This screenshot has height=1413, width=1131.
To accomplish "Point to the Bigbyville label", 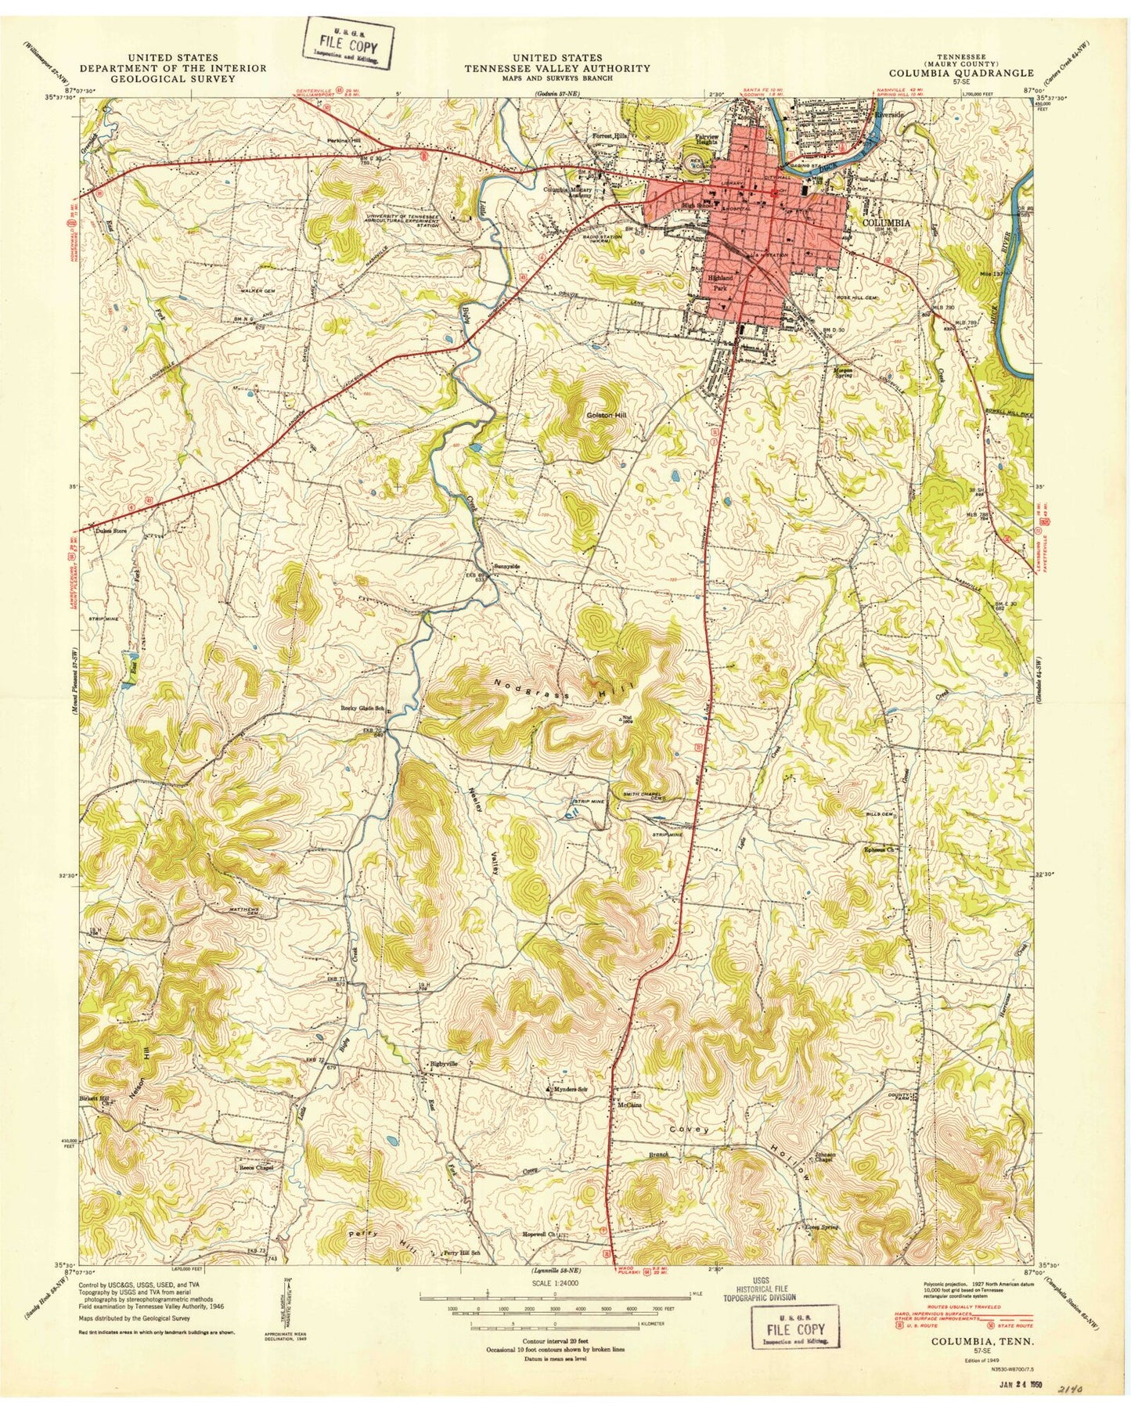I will pyautogui.click(x=444, y=1064).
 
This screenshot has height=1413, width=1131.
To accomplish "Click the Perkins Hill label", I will pyautogui.click(x=344, y=141).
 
